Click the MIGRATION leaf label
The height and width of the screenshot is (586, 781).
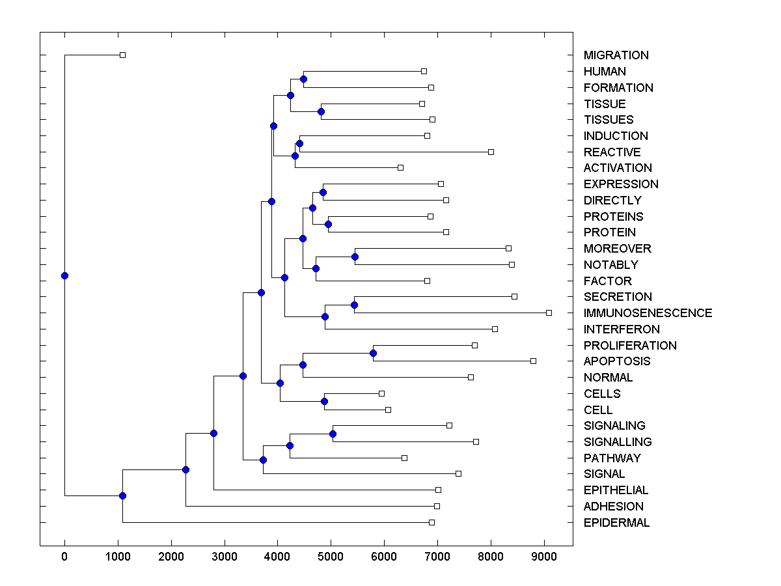pos(616,55)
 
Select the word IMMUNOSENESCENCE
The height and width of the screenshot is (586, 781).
pos(648,313)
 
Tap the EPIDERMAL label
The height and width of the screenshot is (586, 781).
pos(616,523)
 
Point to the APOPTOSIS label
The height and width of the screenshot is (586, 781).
pos(617,361)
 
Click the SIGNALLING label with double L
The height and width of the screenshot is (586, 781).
pos(618,442)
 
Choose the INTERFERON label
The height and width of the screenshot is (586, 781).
pos(622,329)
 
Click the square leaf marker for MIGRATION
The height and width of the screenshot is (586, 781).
pos(122,55)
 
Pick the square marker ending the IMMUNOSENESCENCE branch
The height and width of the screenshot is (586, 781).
pos(549,313)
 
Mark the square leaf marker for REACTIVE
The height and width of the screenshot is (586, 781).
pos(491,152)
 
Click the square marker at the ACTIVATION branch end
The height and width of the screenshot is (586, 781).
pos(400,168)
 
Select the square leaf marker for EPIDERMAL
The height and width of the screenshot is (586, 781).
pos(432,522)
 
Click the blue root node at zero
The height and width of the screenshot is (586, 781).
pos(64,275)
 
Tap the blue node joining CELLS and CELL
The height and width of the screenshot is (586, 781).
pos(325,401)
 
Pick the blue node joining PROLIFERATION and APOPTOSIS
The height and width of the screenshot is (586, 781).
pos(373,353)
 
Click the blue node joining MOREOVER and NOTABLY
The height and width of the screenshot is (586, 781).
pos(355,257)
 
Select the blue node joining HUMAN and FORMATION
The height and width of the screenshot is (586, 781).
pos(303,79)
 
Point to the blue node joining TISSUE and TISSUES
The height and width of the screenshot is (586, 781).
pos(321,111)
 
